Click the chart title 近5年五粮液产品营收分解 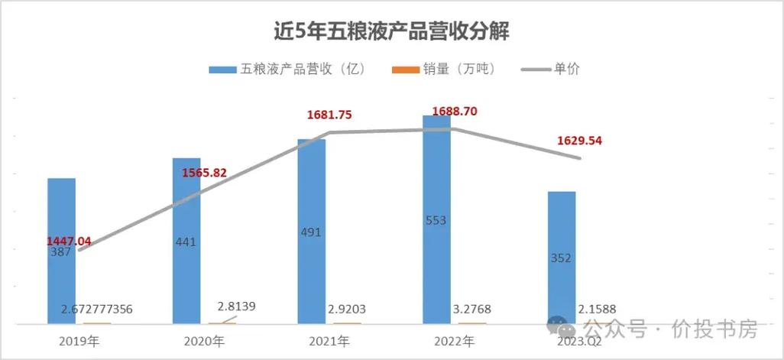point(391,32)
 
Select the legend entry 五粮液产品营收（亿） point(289,69)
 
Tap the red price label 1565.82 point(205,173)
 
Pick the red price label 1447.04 point(69,242)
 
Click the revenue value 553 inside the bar point(437,221)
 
